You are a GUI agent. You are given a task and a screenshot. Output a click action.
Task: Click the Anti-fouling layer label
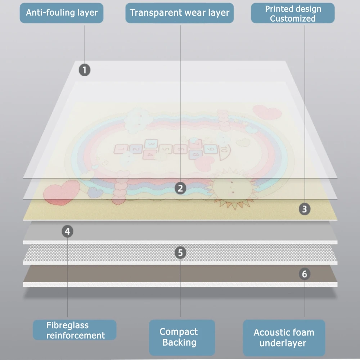[x=62, y=13]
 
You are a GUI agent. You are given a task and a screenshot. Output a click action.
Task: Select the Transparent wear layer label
[x=180, y=13]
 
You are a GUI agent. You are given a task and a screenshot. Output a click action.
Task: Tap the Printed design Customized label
[x=293, y=14]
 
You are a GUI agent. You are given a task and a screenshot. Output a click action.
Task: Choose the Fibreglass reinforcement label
[x=75, y=330]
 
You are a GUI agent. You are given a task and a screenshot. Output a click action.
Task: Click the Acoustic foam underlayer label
[x=284, y=337]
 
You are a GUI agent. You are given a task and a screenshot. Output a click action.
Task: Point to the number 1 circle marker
[x=85, y=70]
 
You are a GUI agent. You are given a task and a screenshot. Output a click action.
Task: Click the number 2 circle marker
[x=180, y=188]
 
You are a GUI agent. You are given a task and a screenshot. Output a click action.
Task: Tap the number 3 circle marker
[x=305, y=209]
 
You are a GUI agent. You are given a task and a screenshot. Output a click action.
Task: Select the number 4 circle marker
[x=67, y=231]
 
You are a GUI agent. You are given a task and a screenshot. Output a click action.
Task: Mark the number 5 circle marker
[x=180, y=253]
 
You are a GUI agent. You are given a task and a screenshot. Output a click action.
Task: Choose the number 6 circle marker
[x=305, y=274]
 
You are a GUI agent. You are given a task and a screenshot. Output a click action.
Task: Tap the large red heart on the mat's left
[x=61, y=192]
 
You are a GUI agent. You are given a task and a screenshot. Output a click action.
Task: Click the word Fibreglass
[x=67, y=325]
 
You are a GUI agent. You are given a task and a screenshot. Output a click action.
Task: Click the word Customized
[x=293, y=19]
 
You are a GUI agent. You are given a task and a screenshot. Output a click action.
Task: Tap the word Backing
[x=179, y=342]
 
